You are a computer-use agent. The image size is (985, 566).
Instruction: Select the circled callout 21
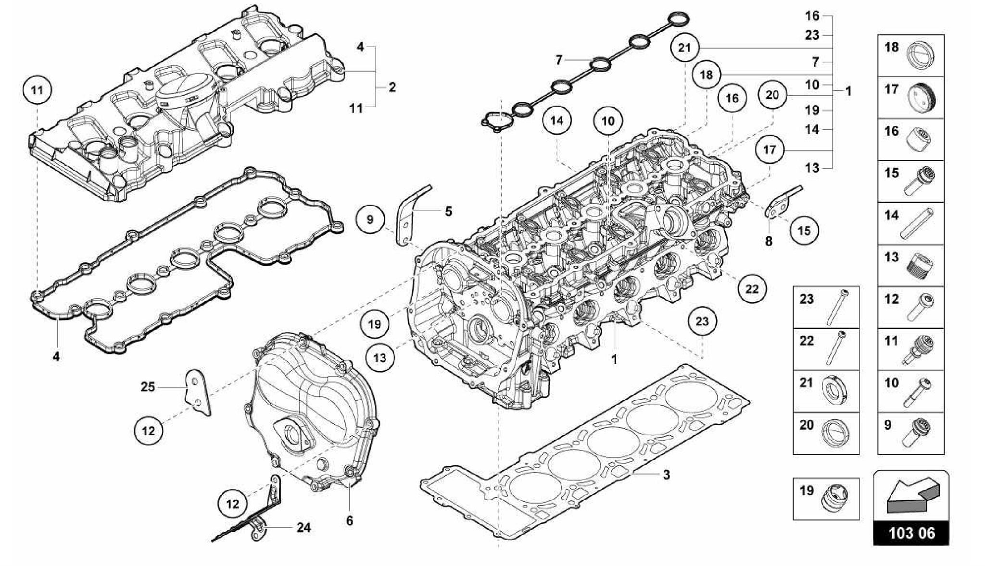(x=684, y=48)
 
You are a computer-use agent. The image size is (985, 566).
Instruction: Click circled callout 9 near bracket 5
(x=370, y=220)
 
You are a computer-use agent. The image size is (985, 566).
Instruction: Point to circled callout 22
(x=752, y=289)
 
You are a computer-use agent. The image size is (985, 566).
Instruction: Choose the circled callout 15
(x=804, y=231)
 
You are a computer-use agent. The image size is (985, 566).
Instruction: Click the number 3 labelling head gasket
(x=666, y=475)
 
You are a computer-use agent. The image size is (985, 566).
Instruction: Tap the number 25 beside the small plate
(x=148, y=386)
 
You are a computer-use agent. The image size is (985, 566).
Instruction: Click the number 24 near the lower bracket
(x=303, y=528)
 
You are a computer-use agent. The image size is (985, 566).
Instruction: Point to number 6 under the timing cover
(x=350, y=520)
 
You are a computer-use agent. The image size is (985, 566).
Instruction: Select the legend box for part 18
(x=910, y=56)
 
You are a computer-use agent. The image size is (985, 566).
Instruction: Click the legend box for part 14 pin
(x=910, y=223)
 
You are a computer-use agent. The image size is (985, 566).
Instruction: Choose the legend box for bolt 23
(x=826, y=307)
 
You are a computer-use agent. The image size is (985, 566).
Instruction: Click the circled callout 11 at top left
(x=37, y=90)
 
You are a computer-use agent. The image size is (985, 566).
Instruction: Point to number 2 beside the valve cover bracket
(x=392, y=87)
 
